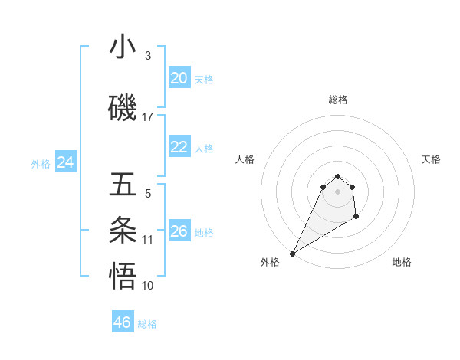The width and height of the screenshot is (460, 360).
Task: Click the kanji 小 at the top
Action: click(123, 47)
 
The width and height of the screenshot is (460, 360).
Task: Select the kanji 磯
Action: click(123, 108)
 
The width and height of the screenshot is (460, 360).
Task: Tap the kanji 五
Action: click(123, 185)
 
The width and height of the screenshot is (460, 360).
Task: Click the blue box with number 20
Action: click(179, 78)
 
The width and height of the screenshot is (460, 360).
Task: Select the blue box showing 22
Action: click(179, 147)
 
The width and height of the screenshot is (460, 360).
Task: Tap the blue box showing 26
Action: click(179, 231)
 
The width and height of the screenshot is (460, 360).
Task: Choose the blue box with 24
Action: click(66, 162)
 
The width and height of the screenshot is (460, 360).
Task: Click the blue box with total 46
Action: click(123, 322)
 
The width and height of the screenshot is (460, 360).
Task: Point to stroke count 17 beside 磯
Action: click(148, 117)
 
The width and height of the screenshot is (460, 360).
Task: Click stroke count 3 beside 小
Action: click(148, 56)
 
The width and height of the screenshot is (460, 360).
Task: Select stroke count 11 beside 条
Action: click(148, 240)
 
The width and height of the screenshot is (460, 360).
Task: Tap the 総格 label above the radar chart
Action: click(338, 100)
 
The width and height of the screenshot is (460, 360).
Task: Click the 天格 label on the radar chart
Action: click(432, 159)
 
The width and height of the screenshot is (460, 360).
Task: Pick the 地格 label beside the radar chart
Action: click(402, 262)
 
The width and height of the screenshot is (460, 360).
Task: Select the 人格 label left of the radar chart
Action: click(245, 159)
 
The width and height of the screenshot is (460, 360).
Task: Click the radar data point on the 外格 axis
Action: click(292, 253)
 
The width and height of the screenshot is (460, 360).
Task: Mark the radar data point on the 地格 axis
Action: click(356, 218)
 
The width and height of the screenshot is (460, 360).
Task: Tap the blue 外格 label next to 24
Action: click(41, 163)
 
